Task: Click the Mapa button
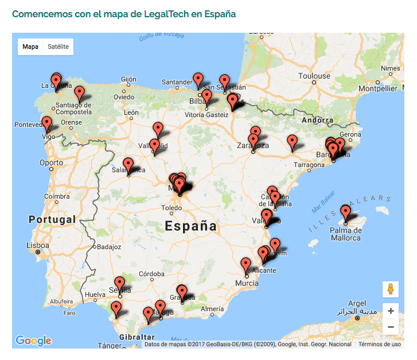[x=30, y=47]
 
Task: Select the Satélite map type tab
[x=59, y=47]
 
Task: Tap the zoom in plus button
[x=391, y=311]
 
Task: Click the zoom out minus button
[x=391, y=327]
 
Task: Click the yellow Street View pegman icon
[x=391, y=289]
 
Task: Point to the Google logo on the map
[x=33, y=340]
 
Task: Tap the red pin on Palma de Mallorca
[x=345, y=213]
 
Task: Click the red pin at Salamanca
[x=128, y=165]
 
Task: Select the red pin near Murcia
[x=246, y=265]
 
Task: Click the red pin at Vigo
[x=46, y=123]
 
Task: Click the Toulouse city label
[x=314, y=76]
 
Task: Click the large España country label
[x=191, y=226]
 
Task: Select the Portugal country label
[x=52, y=219]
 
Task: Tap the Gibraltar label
[x=137, y=337]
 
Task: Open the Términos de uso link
[x=380, y=344]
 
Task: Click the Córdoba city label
[x=152, y=273]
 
